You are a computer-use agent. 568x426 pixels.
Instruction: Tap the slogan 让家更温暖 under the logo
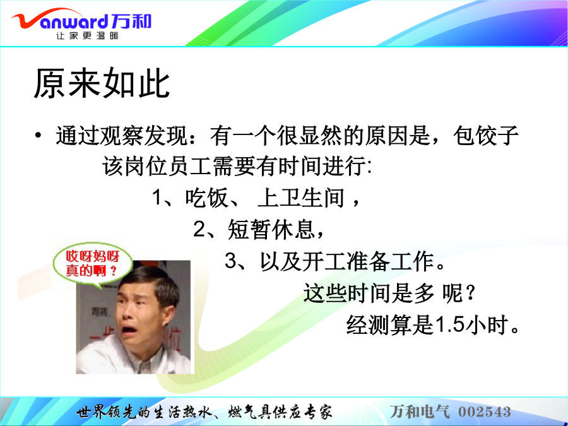click(x=87, y=35)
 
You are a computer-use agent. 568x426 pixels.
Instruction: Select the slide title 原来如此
click(x=102, y=83)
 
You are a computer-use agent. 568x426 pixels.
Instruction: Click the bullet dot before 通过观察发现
click(x=38, y=136)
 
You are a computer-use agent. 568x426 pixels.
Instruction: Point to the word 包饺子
click(x=486, y=136)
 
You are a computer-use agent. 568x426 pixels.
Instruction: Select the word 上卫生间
click(x=301, y=198)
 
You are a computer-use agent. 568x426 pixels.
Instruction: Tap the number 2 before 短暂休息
click(x=199, y=229)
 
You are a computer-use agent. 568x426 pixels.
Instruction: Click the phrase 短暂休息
click(x=271, y=229)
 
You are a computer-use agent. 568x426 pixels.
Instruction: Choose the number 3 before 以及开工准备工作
click(x=231, y=261)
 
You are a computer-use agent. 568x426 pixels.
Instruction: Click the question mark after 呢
click(x=470, y=293)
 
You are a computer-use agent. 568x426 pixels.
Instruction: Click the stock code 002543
click(x=485, y=411)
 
